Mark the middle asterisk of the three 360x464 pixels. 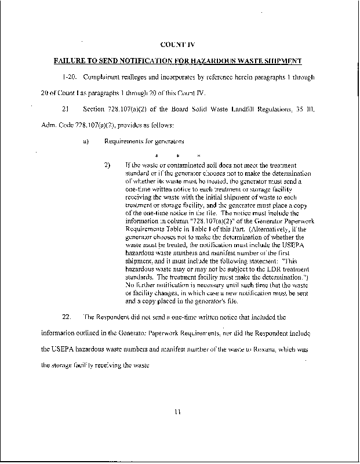point(178,155)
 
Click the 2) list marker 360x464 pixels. point(107,165)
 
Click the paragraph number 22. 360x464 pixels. point(66,317)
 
